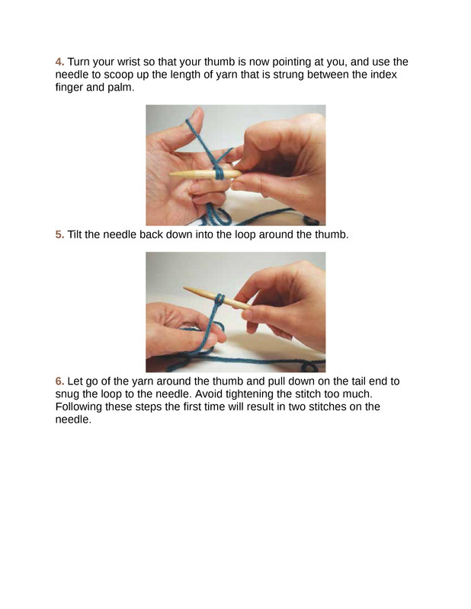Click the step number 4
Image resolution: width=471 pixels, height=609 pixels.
coord(59,62)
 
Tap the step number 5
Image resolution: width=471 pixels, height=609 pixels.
coord(59,234)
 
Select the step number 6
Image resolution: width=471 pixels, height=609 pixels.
coord(59,381)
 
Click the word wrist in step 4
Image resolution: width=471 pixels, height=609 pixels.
coord(128,62)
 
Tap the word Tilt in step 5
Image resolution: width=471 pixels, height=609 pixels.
coord(74,234)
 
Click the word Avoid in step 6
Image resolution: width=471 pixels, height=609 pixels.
coord(207,394)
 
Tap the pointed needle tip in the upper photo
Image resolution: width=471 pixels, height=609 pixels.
coord(171,175)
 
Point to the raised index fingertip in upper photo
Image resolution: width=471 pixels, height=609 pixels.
coord(197,113)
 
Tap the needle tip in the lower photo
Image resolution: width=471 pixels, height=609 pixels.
coord(184,289)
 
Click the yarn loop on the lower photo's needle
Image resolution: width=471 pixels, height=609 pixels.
coord(219,299)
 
